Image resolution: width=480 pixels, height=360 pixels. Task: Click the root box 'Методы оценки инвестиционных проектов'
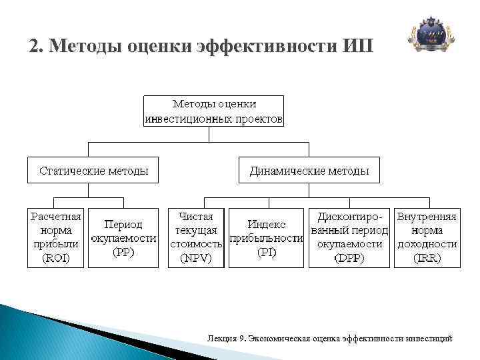pyautogui.click(x=214, y=111)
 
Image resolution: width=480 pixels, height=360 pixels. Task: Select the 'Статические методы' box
pyautogui.click(x=93, y=170)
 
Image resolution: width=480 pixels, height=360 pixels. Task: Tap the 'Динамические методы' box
pyautogui.click(x=309, y=170)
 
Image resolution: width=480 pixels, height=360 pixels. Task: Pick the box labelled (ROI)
pyautogui.click(x=55, y=238)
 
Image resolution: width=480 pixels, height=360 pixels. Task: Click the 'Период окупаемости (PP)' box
pyautogui.click(x=123, y=238)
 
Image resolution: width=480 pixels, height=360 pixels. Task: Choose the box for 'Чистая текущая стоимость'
pyautogui.click(x=196, y=238)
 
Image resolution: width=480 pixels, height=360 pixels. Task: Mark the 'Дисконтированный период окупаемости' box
pyautogui.click(x=349, y=238)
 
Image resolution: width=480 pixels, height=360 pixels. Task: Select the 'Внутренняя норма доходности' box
pyautogui.click(x=427, y=238)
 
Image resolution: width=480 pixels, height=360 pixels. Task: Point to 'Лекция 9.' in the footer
pyautogui.click(x=227, y=338)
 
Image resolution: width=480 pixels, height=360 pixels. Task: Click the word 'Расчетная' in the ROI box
pyautogui.click(x=55, y=217)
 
